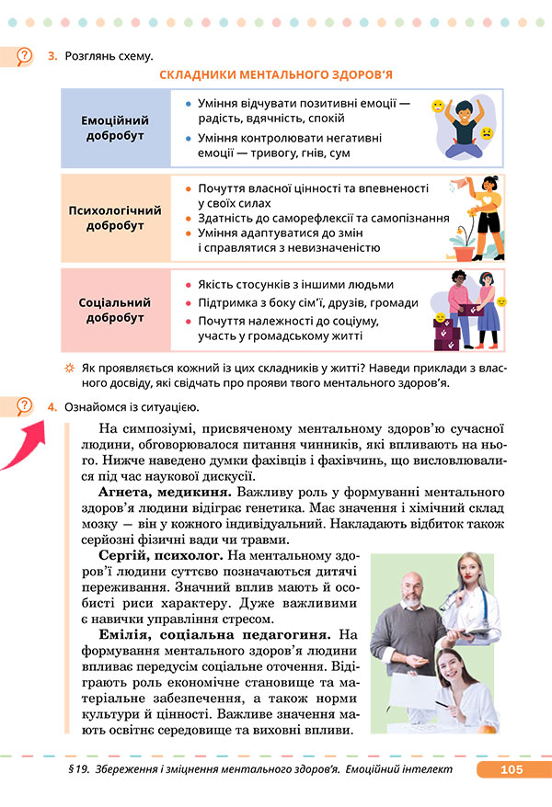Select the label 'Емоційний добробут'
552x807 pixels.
[x=115, y=128]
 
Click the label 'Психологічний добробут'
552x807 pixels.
[x=115, y=218]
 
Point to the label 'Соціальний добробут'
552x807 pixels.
[x=115, y=310]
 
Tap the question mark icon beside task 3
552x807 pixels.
[x=26, y=57]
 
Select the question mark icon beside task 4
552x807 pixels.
[x=26, y=405]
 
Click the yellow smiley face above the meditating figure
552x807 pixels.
[x=438, y=107]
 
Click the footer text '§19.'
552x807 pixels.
[x=67, y=770]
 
